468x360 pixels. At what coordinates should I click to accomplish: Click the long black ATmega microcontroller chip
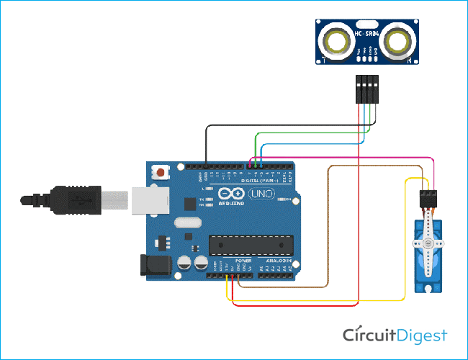tap(251, 245)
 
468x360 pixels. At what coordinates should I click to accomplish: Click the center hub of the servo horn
tap(430, 245)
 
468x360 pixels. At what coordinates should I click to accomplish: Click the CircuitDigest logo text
tap(395, 336)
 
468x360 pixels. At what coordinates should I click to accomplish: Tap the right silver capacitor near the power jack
tap(198, 261)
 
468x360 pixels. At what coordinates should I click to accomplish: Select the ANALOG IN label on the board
tap(276, 260)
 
